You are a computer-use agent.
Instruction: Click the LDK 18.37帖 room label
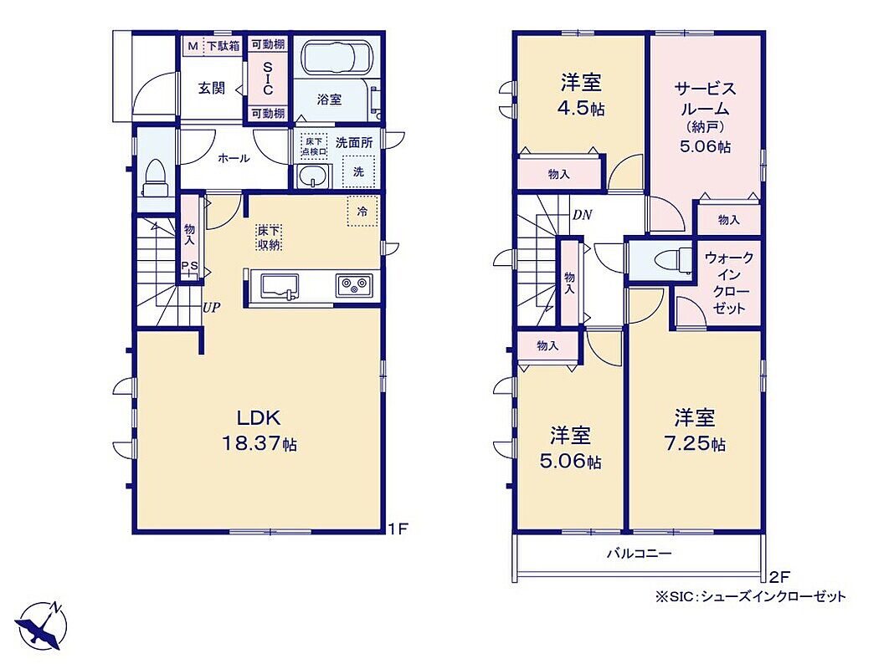[x=259, y=431]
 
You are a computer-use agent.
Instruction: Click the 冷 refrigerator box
[x=362, y=212]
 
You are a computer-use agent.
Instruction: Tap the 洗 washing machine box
[x=358, y=171]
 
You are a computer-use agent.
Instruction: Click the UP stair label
[x=212, y=308]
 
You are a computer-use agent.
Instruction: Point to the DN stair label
[x=582, y=215]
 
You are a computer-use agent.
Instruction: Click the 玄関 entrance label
[x=212, y=89]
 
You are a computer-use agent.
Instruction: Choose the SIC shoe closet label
[x=268, y=79]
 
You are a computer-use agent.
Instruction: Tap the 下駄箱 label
[x=223, y=46]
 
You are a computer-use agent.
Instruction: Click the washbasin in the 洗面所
[x=312, y=176]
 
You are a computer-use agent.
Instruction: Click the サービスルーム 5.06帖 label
[x=706, y=117]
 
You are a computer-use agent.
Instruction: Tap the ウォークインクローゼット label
[x=728, y=283]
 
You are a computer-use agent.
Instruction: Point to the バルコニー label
[x=640, y=553]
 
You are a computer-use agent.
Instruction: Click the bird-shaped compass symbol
[x=41, y=626]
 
